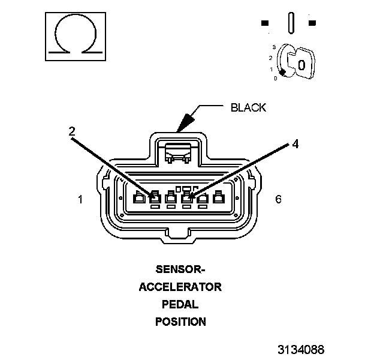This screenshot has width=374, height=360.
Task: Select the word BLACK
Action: [248, 108]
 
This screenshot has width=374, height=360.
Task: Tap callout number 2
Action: [71, 131]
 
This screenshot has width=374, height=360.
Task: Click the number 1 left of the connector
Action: [80, 199]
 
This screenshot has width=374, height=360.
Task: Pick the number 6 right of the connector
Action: [278, 199]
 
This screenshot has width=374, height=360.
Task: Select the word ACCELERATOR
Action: [180, 286]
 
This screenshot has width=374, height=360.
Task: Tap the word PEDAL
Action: [180, 304]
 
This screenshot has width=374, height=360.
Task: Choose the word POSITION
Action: [180, 322]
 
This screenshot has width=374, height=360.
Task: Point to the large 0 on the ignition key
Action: [301, 64]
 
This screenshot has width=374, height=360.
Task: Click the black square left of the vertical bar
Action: [265, 23]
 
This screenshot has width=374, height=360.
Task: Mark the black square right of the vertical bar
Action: [312, 23]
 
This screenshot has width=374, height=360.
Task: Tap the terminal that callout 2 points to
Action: [155, 198]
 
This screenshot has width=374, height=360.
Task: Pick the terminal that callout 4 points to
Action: [187, 198]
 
